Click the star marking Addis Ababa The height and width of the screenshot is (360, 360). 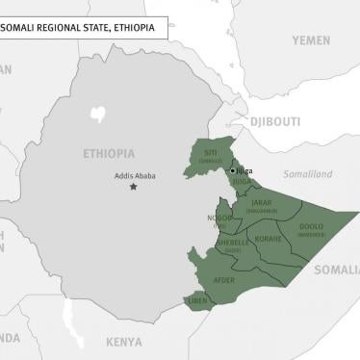click(134, 187)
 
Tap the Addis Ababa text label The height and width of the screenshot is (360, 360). click(132, 173)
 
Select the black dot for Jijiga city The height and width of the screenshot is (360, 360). click(231, 170)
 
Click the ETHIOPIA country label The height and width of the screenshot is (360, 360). click(109, 153)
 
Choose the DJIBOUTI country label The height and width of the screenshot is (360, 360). click(275, 122)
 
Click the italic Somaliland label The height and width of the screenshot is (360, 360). click(306, 174)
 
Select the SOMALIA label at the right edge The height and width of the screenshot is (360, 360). click(337, 270)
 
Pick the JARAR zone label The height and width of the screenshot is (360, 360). click(261, 203)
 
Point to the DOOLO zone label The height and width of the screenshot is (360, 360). click(311, 227)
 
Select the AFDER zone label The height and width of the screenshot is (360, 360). click(223, 280)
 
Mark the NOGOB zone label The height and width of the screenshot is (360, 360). click(219, 219)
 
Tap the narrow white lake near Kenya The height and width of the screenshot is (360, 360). click(65, 314)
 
